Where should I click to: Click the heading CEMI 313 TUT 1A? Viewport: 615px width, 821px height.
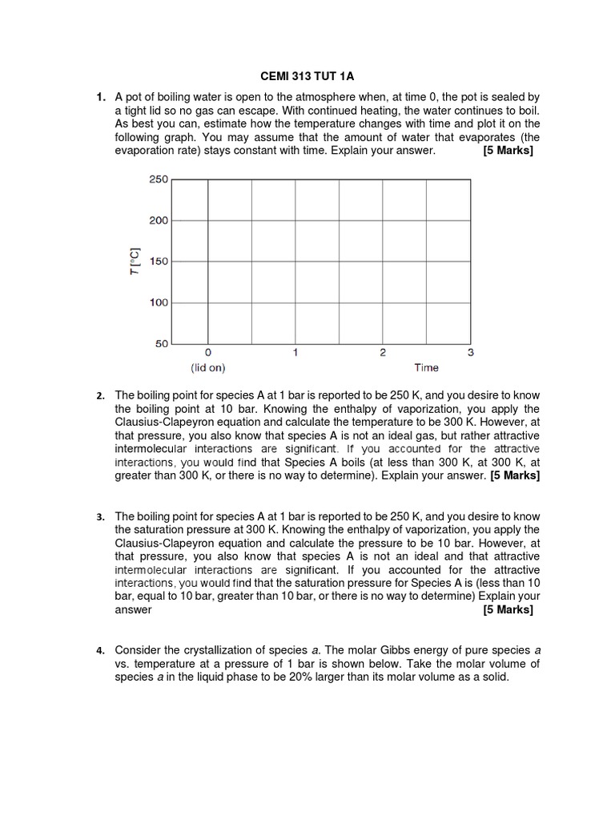tap(307, 76)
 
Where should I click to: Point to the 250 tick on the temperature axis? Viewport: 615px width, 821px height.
tap(159, 180)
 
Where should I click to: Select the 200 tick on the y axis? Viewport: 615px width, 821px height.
tap(159, 220)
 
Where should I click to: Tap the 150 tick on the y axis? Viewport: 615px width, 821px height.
tap(159, 261)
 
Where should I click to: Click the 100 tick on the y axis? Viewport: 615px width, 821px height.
tap(159, 303)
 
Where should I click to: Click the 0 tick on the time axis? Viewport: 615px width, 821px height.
tap(208, 352)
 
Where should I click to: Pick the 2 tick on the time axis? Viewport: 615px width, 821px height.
tap(383, 352)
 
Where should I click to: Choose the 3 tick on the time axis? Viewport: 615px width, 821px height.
tap(470, 352)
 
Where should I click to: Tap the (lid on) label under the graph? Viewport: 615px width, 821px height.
tap(208, 368)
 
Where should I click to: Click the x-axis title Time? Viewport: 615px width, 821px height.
tap(426, 368)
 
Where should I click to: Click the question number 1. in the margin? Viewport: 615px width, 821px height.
tap(100, 97)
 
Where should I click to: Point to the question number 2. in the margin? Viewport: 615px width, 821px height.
tap(100, 396)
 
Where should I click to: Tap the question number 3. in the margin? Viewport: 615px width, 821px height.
tap(100, 517)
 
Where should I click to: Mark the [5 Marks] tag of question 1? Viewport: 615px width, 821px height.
tap(508, 151)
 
